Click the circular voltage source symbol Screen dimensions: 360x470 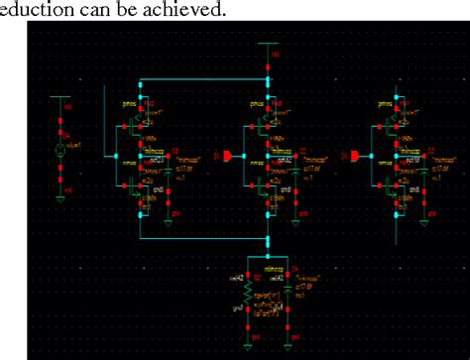coord(59,152)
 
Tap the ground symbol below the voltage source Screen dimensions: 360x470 coord(59,198)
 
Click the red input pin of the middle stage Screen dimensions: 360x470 coord(227,157)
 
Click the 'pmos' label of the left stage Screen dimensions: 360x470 coord(127,102)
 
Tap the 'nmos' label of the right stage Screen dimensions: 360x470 coord(379,161)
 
